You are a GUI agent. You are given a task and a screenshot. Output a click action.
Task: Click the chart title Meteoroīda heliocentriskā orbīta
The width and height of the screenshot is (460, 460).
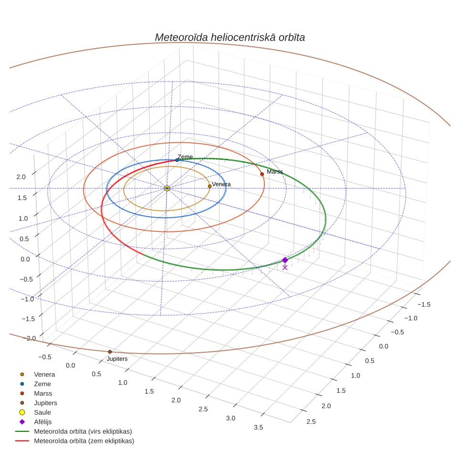click(230, 38)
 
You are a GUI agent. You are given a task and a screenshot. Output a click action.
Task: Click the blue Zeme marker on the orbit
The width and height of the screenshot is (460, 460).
click(177, 160)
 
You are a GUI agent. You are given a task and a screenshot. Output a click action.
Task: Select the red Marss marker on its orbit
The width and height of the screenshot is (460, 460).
click(262, 174)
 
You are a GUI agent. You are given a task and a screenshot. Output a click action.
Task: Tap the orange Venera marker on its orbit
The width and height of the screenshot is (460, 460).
click(209, 186)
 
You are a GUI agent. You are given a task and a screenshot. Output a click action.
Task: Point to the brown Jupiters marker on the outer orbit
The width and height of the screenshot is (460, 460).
click(110, 352)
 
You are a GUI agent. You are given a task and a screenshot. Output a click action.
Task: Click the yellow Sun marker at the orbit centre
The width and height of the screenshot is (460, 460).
click(167, 188)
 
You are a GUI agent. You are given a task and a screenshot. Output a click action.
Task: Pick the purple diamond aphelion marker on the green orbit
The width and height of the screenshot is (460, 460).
click(285, 260)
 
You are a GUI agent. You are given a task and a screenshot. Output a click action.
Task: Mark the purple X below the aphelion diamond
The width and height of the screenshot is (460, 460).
click(285, 268)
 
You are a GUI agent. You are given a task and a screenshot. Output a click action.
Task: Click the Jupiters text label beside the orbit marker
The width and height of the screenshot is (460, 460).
click(117, 359)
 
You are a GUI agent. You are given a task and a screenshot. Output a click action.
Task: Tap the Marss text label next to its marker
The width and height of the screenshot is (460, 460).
click(275, 172)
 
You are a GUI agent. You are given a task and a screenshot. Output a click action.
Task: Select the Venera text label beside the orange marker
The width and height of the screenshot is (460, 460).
click(221, 184)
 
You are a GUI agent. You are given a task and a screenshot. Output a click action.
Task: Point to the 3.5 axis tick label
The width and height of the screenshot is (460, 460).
click(259, 428)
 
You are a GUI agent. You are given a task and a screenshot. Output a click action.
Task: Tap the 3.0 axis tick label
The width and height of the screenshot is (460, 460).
click(230, 418)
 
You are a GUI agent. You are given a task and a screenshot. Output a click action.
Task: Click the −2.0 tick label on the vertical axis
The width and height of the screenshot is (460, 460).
click(29, 338)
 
